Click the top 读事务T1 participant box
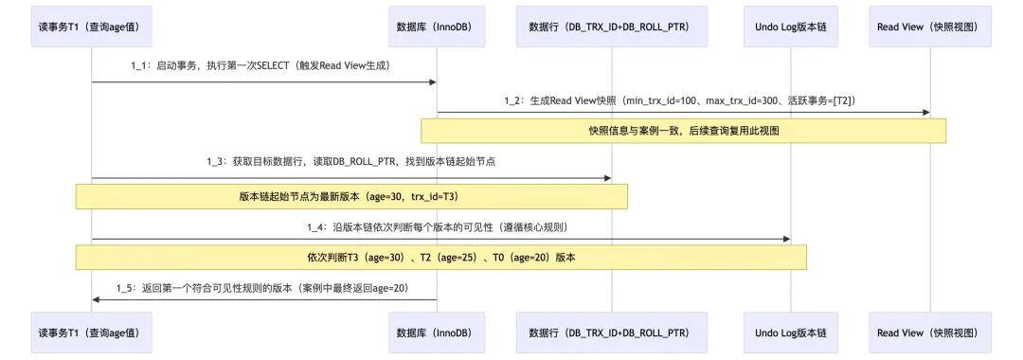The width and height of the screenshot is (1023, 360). point(92,27)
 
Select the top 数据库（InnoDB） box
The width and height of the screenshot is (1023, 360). point(437,27)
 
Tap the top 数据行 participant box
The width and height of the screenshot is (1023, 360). point(612,27)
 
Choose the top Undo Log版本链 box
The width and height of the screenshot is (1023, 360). point(791,27)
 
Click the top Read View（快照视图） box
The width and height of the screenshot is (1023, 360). point(930,27)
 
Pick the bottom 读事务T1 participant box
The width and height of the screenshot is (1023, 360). point(92,333)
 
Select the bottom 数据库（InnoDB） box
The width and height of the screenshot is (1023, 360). point(437,333)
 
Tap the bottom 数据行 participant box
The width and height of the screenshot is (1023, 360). point(612,333)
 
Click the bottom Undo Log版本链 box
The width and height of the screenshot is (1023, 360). point(791,333)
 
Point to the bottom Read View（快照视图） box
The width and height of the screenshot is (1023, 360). point(930,333)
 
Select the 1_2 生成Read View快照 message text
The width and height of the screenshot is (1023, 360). point(682,99)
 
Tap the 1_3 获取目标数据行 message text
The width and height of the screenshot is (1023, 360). point(351,162)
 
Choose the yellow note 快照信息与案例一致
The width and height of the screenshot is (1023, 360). point(684,131)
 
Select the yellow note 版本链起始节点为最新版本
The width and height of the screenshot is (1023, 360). point(351,196)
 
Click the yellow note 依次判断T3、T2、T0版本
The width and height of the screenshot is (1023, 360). point(441,257)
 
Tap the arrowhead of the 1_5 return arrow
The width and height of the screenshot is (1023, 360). point(96,300)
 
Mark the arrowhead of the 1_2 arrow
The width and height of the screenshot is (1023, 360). point(925,112)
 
